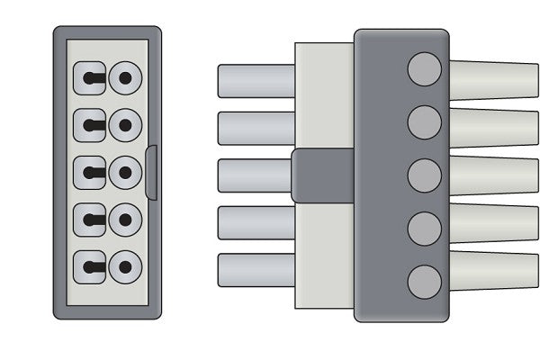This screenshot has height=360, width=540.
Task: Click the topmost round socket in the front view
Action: click(x=125, y=77)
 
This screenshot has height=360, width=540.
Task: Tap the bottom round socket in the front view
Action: click(x=125, y=266)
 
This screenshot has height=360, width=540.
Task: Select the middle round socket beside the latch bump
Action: click(x=125, y=172)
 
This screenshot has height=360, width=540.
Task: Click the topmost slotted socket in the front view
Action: click(x=90, y=77)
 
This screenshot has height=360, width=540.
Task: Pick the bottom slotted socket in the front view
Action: click(x=90, y=266)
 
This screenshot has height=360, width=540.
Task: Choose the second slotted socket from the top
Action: click(x=90, y=124)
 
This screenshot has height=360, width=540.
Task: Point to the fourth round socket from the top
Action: click(x=125, y=220)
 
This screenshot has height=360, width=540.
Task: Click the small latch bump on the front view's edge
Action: click(x=151, y=172)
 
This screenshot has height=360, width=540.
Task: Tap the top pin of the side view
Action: click(x=256, y=81)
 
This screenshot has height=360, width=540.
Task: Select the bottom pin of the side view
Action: click(x=256, y=270)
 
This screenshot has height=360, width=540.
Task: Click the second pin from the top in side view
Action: click(x=256, y=128)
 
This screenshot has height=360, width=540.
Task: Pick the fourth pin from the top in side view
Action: click(x=256, y=223)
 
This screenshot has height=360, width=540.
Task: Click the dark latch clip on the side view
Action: click(x=322, y=175)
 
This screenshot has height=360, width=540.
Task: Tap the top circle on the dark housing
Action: click(x=424, y=69)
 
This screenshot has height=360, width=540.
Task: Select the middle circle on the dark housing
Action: click(x=424, y=175)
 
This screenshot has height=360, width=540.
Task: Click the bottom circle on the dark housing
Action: click(x=424, y=282)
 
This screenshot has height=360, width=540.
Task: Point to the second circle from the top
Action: click(x=424, y=121)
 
